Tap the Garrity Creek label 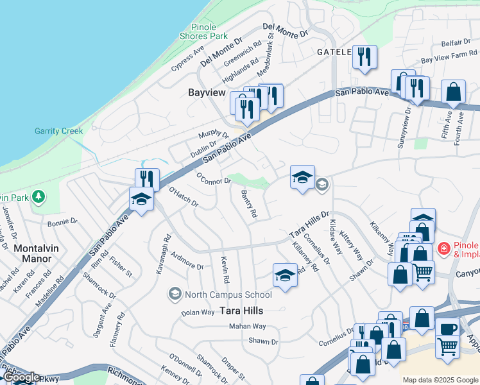click(58, 131)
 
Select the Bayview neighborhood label click(207, 92)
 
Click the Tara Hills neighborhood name click(243, 310)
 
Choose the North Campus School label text click(228, 295)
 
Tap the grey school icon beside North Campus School click(175, 295)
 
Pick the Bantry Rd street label click(249, 203)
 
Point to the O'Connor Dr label click(214, 178)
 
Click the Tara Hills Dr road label click(309, 224)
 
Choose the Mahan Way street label click(247, 327)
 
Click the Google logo click(21, 377)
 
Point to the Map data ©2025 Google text click(440, 380)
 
